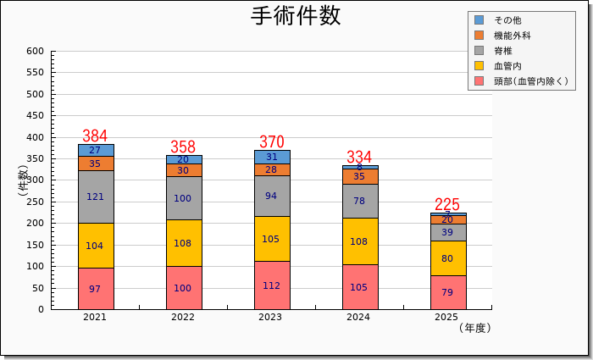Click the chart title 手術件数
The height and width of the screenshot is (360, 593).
[x=296, y=16]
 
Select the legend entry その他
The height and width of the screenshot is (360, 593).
[x=507, y=20]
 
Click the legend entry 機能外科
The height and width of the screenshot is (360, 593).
[x=513, y=36]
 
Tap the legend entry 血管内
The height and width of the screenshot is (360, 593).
[x=507, y=66]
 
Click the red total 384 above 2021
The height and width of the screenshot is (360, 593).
[x=95, y=136]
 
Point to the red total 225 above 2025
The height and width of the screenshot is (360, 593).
[x=446, y=204]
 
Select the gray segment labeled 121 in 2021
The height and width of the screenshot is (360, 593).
[x=96, y=197]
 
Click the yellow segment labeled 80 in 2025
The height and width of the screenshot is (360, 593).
[x=446, y=258]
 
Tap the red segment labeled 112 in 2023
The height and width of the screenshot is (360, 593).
[x=271, y=285]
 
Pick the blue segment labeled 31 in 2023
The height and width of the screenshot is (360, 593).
[x=271, y=157]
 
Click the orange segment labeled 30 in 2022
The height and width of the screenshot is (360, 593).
[x=183, y=170]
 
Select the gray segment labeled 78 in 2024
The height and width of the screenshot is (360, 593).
[x=359, y=201]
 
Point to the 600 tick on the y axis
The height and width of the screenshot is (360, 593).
[x=35, y=52]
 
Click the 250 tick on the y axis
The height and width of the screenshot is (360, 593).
[x=35, y=202]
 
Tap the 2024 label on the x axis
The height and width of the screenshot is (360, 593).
[x=358, y=318]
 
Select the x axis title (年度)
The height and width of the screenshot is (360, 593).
[x=474, y=328]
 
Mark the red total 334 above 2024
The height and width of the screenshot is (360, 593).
[x=359, y=158]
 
